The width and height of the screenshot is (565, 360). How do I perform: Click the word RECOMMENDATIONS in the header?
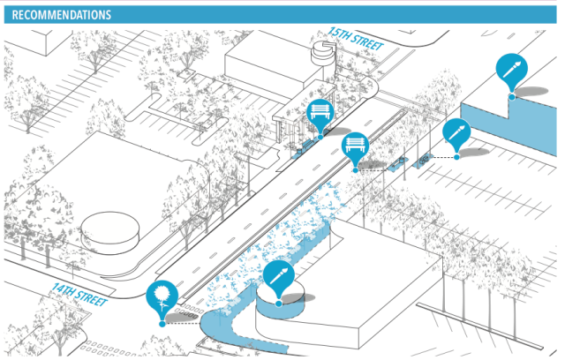coord(62,15)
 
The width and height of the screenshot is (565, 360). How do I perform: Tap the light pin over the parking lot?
coord(457,133)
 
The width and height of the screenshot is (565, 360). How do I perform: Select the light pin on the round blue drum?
coord(278,277)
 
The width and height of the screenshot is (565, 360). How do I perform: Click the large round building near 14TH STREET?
coord(109,233)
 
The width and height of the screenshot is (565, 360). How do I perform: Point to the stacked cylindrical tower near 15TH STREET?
coord(324,62)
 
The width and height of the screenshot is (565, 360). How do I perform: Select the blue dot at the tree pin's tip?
coord(162,324)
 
